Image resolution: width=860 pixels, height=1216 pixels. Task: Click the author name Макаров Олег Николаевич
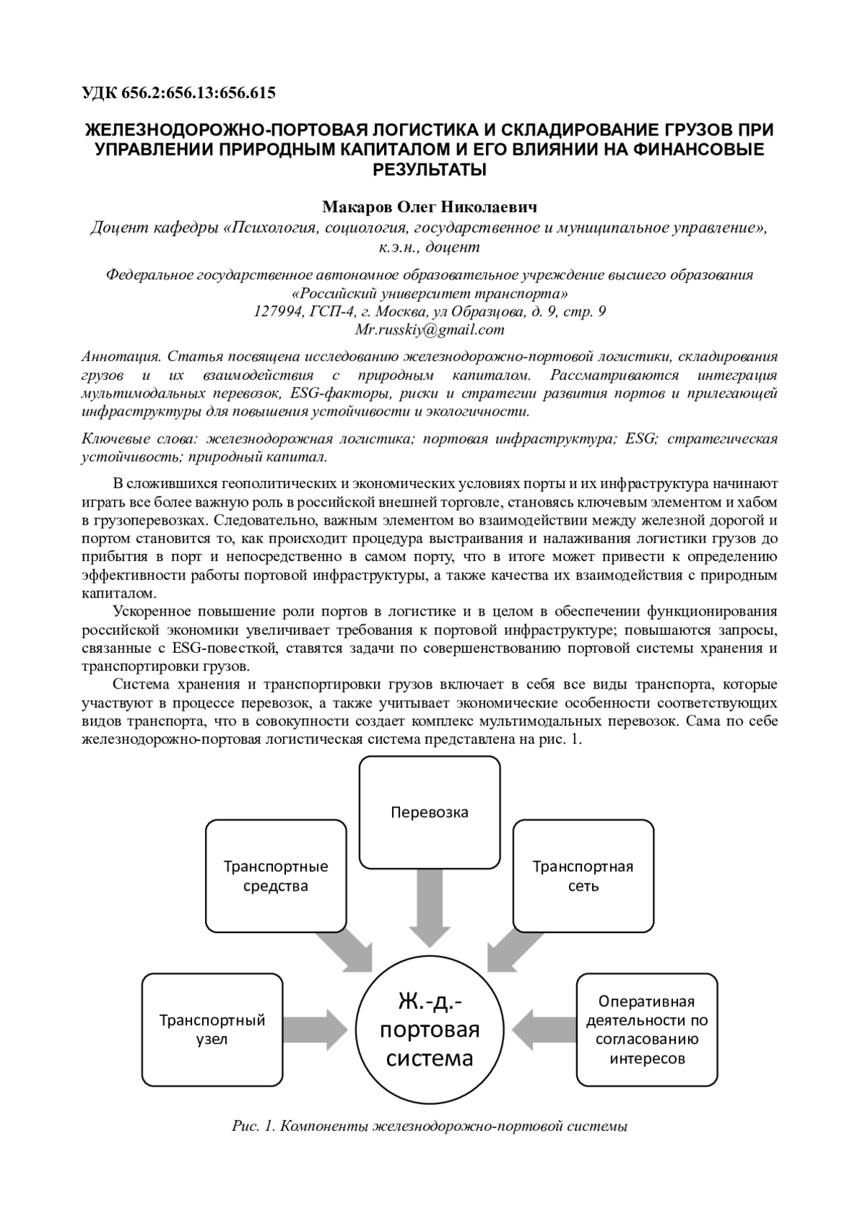[x=429, y=208]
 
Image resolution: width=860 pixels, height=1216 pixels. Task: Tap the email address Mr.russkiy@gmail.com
[x=429, y=330]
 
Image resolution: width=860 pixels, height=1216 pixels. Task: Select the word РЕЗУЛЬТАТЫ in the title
[x=429, y=170]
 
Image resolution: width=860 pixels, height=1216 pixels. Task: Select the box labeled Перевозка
[x=429, y=812]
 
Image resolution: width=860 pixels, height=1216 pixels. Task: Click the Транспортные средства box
[x=276, y=876]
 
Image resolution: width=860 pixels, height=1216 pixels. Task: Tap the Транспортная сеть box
[x=583, y=876]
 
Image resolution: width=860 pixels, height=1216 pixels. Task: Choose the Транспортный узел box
[x=212, y=1029]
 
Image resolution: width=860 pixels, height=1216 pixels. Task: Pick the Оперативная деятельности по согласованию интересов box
[x=647, y=1029]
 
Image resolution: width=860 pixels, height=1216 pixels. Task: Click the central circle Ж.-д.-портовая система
[x=429, y=1029]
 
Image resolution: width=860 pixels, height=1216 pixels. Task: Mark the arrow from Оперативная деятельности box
[x=545, y=1030]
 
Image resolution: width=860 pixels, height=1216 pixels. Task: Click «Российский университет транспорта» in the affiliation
[x=429, y=294]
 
